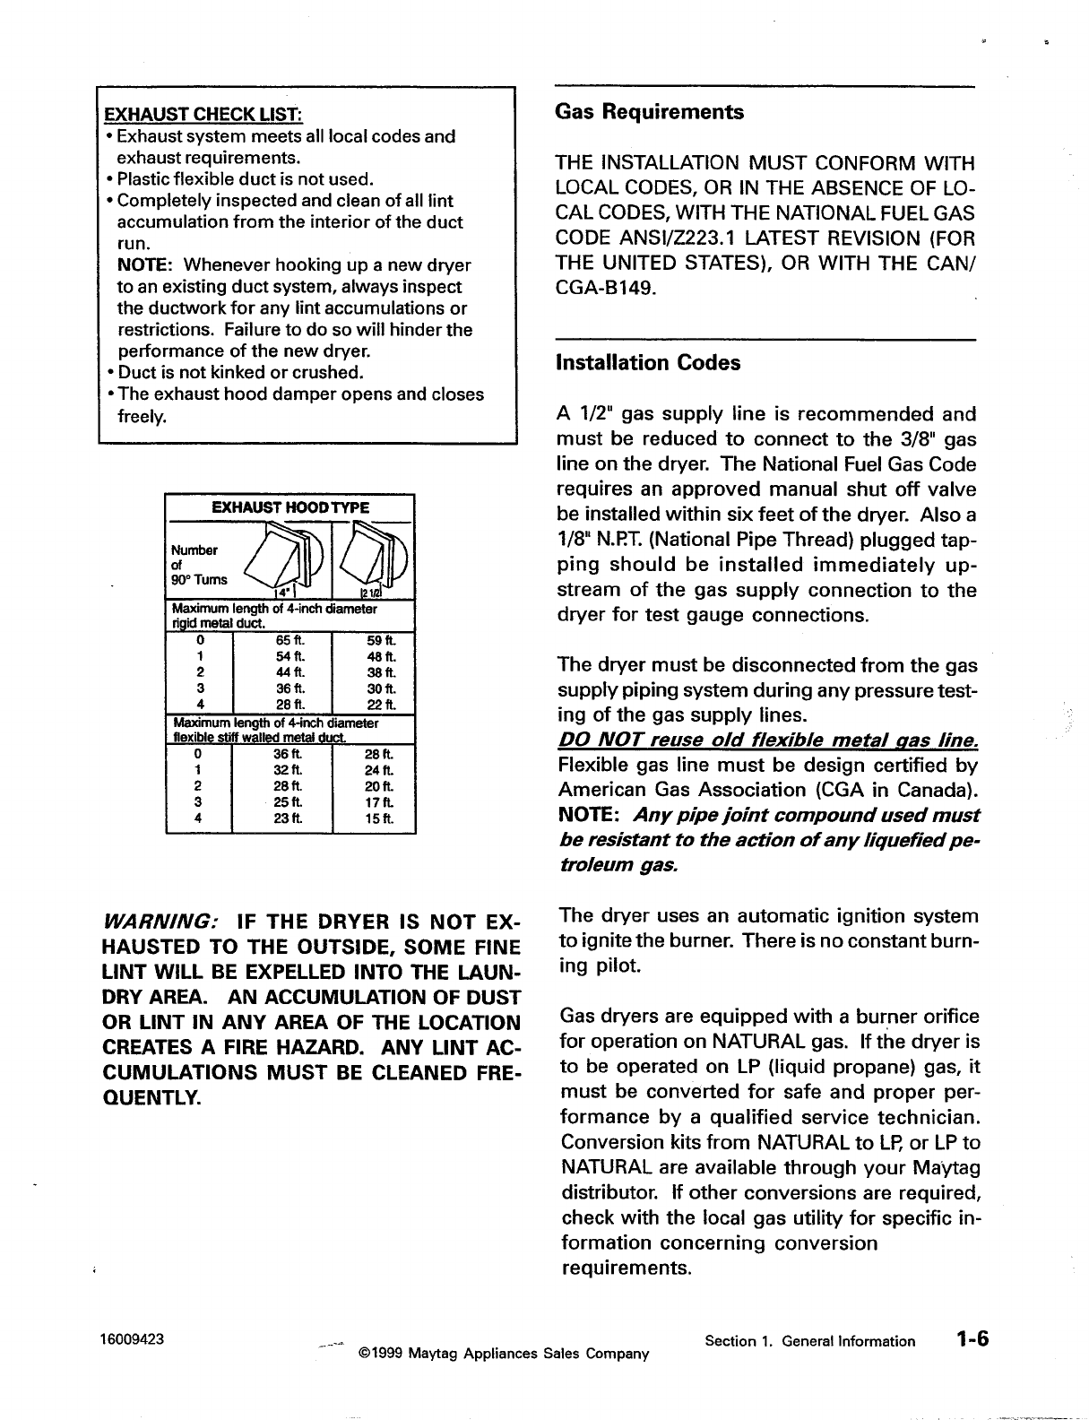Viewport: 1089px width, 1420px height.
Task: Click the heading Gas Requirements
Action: click(649, 112)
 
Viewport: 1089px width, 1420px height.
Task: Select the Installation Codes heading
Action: click(648, 363)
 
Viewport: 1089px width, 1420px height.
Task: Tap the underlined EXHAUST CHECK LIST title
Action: click(203, 115)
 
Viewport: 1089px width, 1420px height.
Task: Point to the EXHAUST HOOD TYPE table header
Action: click(290, 507)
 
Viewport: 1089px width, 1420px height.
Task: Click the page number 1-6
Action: click(971, 1339)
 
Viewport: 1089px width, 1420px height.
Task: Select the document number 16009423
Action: click(132, 1340)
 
